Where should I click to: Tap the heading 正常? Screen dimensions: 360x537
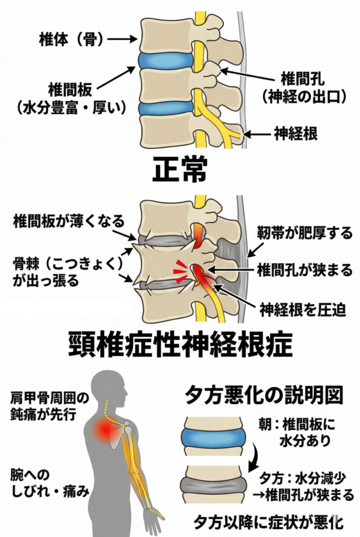pyautogui.click(x=180, y=169)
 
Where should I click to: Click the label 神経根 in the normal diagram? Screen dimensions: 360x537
pyautogui.click(x=296, y=133)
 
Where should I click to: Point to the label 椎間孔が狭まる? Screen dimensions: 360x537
pyautogui.click(x=304, y=270)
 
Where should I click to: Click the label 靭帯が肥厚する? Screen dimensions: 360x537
pyautogui.click(x=305, y=233)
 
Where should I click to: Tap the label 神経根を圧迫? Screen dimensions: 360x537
pyautogui.click(x=302, y=310)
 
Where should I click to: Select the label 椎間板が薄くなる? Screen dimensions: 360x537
pyautogui.click(x=69, y=221)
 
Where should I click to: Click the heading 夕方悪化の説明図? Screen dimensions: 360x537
pyautogui.click(x=264, y=396)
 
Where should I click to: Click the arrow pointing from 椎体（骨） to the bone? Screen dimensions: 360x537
pyautogui.click(x=122, y=39)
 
